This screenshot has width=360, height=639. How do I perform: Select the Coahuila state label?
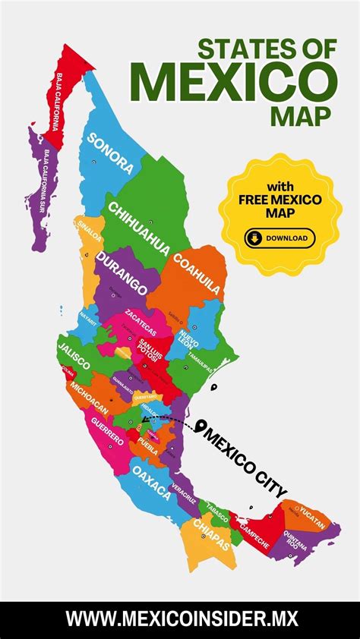point(197,274)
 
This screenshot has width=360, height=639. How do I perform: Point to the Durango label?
point(122,275)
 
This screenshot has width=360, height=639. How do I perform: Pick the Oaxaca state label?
point(152,481)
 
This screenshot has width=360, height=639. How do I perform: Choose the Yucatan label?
point(312,515)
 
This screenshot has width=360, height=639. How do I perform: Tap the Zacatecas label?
point(141,323)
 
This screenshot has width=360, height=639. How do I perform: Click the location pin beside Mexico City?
point(201,428)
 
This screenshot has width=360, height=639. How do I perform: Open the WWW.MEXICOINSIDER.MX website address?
point(180,619)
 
